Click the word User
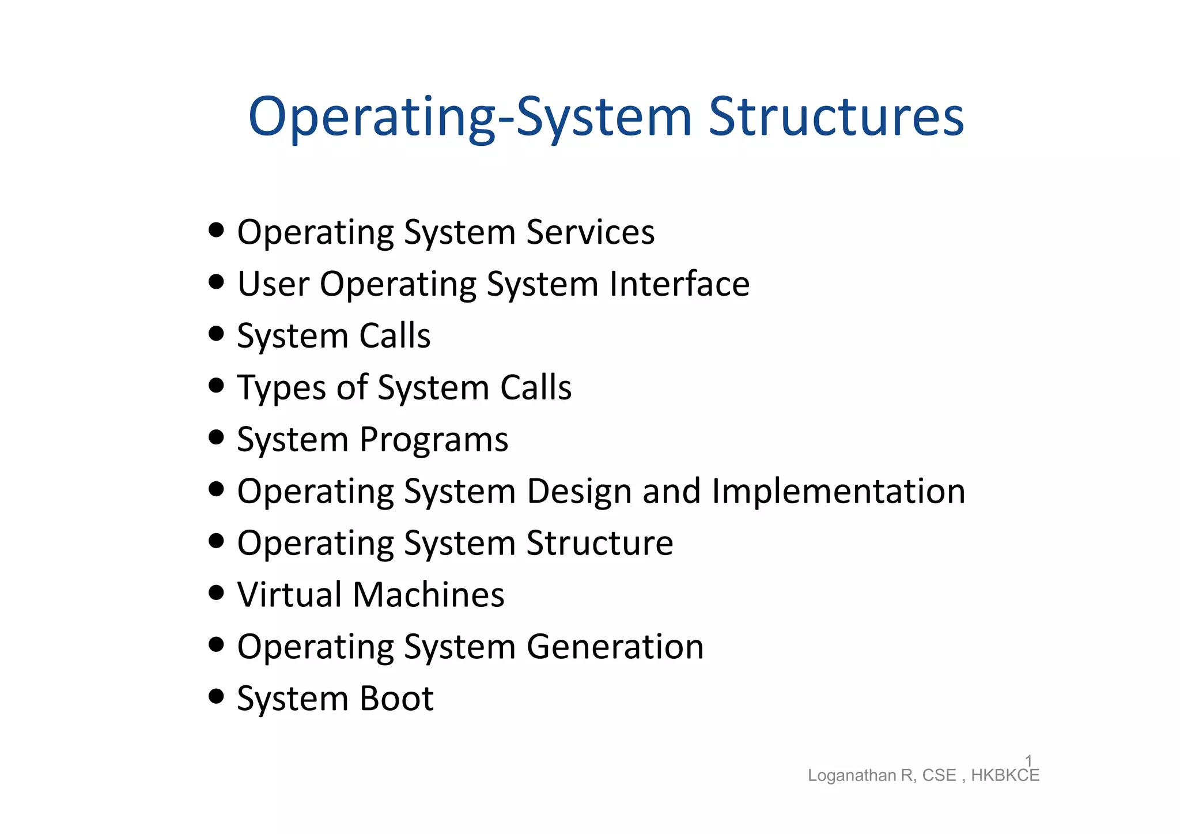(x=273, y=284)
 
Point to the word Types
(x=281, y=388)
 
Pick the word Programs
(x=433, y=440)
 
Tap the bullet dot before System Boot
(x=216, y=696)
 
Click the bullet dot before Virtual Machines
(x=216, y=593)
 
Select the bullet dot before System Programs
(x=216, y=437)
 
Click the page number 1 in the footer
(x=1028, y=761)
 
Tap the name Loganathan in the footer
(x=852, y=776)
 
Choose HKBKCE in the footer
(x=1005, y=776)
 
